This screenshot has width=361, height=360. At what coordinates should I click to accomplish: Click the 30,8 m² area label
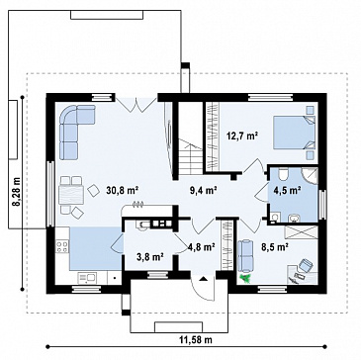[x=122, y=190]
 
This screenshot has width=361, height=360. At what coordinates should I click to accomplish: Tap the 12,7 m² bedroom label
[x=242, y=135]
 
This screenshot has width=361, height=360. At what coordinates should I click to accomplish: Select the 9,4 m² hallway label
[x=203, y=190]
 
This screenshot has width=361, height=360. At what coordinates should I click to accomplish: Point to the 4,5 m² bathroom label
[x=287, y=190]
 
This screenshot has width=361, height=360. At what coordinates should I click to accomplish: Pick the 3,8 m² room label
[x=150, y=257]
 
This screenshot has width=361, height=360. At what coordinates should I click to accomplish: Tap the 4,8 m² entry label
[x=202, y=246]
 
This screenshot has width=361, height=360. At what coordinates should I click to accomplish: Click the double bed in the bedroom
[x=294, y=133]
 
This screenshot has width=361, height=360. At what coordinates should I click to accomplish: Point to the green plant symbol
[x=245, y=278]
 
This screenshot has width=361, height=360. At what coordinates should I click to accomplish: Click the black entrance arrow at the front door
[x=204, y=279]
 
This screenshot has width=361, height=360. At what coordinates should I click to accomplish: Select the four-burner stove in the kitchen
[x=62, y=247]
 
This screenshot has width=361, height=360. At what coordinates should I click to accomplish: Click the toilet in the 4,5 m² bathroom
[x=283, y=174]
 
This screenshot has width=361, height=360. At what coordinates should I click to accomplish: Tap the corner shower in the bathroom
[x=311, y=175]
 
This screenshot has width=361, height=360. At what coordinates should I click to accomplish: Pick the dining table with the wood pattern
[x=71, y=195]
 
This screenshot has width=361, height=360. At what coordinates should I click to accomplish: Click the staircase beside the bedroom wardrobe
[x=191, y=156]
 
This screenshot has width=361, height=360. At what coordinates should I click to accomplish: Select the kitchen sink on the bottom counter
[x=87, y=278]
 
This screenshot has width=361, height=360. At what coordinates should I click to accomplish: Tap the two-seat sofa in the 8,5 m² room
[x=244, y=254]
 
